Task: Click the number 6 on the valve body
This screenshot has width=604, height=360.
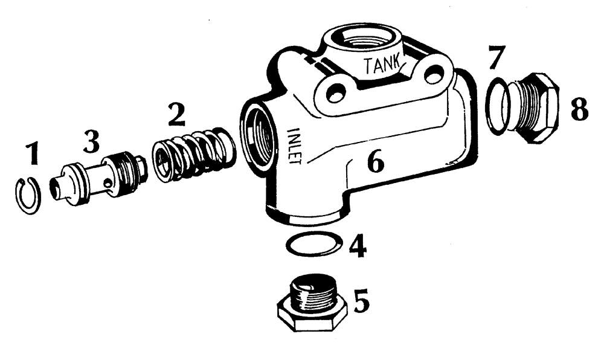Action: (375, 162)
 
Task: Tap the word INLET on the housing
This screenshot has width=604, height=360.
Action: (297, 146)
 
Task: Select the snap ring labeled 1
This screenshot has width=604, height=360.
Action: (28, 194)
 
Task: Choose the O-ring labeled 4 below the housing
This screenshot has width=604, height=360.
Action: (312, 245)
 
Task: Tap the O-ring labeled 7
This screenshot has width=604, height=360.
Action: (499, 109)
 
